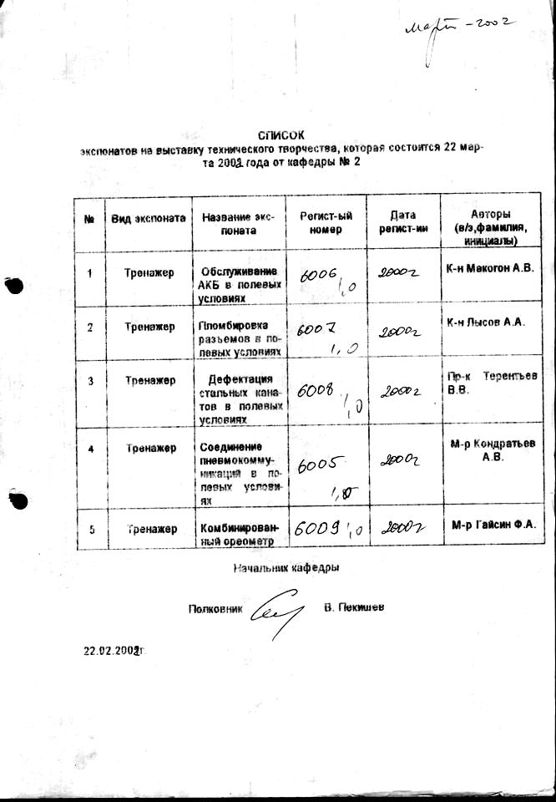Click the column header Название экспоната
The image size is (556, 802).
(239, 223)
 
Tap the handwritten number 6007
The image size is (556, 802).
(316, 331)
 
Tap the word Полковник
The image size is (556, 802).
(216, 609)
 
